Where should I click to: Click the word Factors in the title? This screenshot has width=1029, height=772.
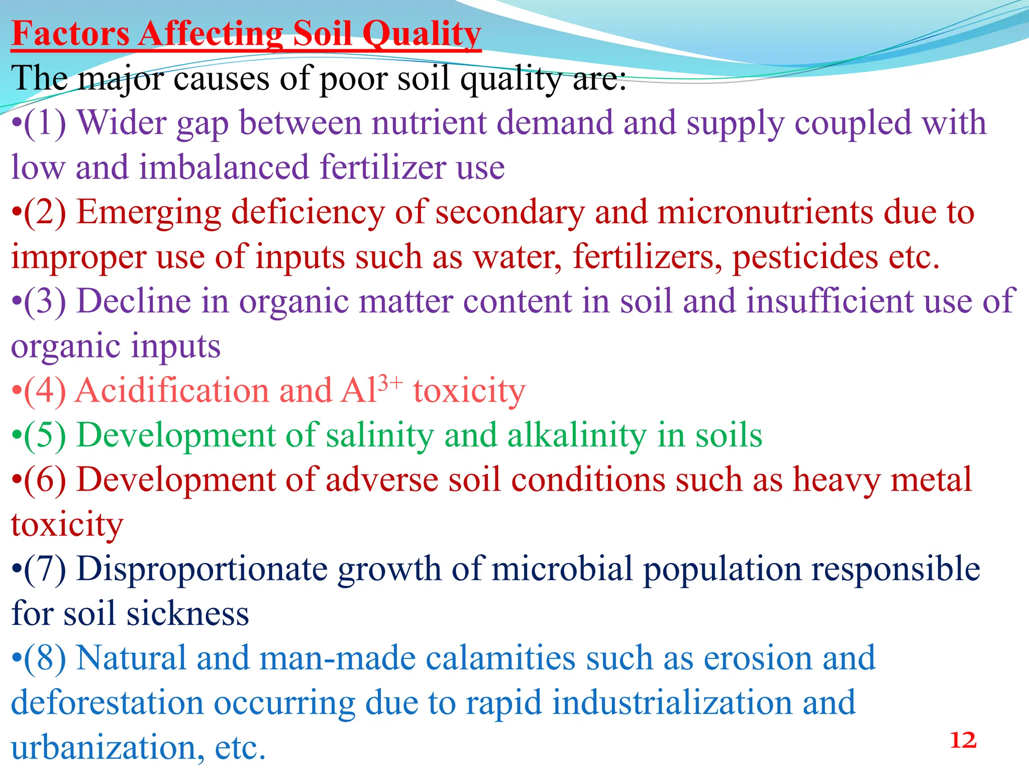(x=71, y=34)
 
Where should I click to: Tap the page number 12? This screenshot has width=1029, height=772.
(x=963, y=740)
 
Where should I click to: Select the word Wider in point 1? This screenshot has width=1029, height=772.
(x=121, y=123)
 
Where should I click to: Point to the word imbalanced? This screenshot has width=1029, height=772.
(x=224, y=167)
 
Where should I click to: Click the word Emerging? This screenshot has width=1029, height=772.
(x=149, y=212)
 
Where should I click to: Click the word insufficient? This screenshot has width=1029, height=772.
(x=830, y=302)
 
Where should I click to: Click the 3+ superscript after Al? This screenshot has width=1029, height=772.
(x=390, y=382)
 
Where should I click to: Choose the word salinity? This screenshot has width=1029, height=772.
(x=379, y=435)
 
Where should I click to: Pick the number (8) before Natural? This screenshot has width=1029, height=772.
(x=45, y=658)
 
